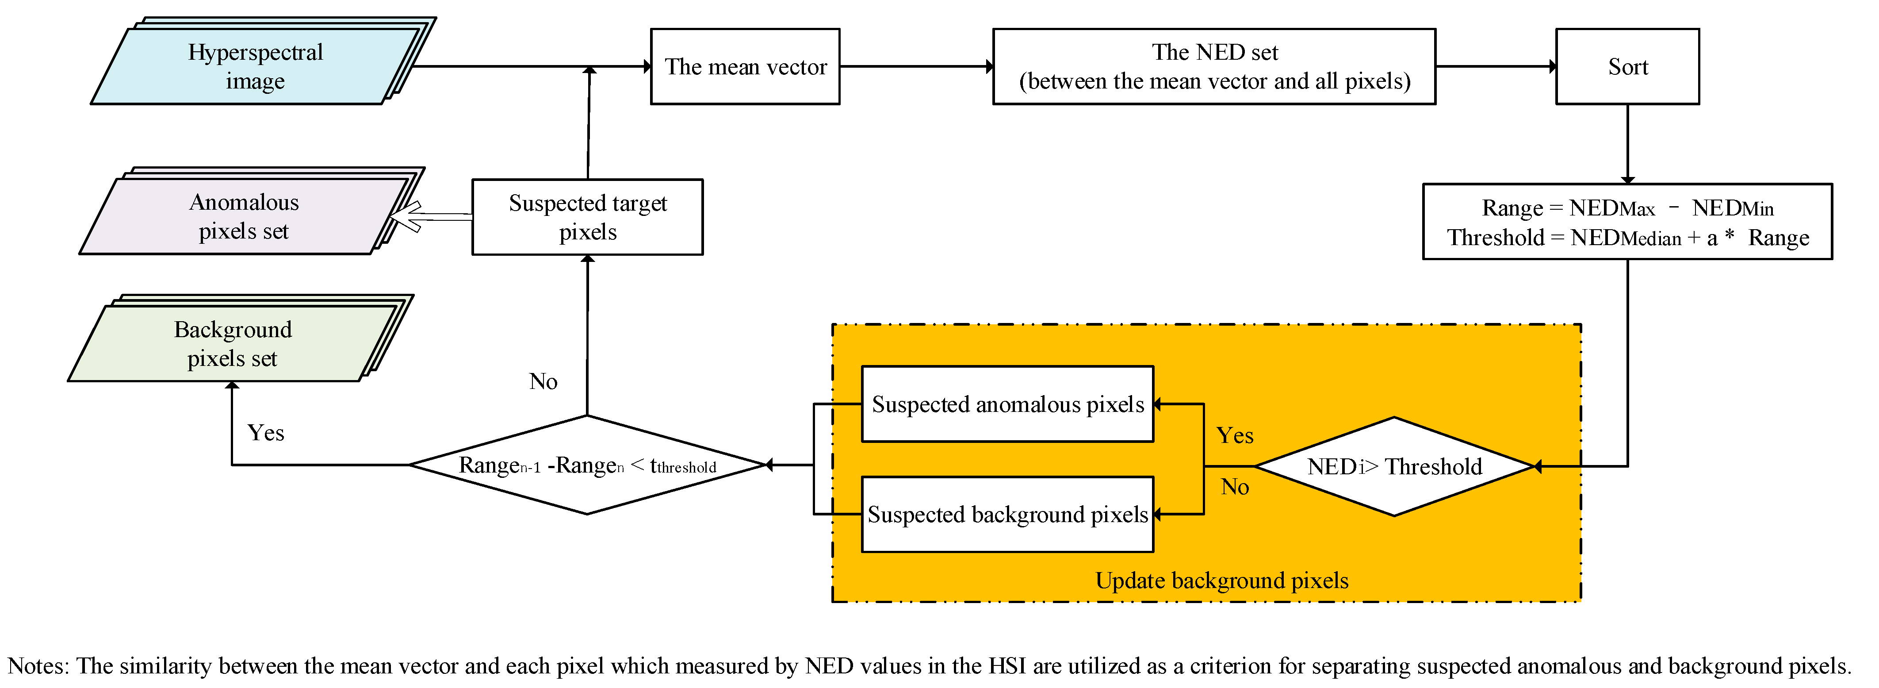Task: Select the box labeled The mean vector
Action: click(x=745, y=66)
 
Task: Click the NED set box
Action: click(x=1214, y=66)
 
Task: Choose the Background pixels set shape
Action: click(x=232, y=344)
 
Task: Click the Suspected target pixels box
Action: click(x=587, y=217)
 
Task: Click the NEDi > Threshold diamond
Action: click(x=1394, y=466)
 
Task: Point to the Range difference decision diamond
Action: click(x=587, y=465)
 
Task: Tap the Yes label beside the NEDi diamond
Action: click(x=1234, y=435)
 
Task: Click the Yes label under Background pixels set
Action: click(x=265, y=433)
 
